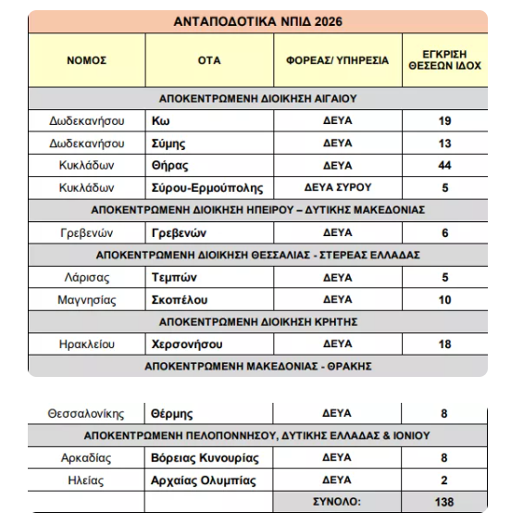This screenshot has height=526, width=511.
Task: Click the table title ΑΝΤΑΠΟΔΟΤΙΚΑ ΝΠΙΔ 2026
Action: tap(257, 21)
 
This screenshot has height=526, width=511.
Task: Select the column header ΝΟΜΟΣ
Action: tap(86, 60)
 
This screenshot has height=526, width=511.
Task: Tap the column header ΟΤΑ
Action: tap(209, 60)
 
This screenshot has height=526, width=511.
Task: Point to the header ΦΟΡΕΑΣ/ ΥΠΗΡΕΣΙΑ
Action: tap(337, 60)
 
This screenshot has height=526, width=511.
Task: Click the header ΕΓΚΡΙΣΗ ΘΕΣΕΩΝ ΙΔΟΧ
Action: tap(444, 60)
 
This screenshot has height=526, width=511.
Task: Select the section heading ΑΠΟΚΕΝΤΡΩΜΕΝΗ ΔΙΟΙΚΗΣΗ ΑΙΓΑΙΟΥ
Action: tap(257, 96)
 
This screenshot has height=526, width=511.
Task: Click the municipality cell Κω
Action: tap(159, 120)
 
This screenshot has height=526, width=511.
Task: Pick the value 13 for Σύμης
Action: tap(444, 143)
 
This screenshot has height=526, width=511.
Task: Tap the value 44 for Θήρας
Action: tap(444, 165)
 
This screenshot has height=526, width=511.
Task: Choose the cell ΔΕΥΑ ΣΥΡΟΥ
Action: tap(337, 187)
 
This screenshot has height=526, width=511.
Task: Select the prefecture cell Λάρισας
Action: tap(86, 277)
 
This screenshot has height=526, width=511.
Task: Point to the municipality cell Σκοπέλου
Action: tap(180, 299)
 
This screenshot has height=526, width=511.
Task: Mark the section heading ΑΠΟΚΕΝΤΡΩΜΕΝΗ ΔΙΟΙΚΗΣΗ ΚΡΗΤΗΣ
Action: tap(257, 321)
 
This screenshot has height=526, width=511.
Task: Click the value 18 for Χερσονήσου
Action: tap(444, 344)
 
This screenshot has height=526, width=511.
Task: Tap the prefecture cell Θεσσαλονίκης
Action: tap(86, 413)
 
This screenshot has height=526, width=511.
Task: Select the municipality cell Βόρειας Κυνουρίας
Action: tap(205, 457)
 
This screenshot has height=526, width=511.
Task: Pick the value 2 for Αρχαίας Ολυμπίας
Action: tap(444, 480)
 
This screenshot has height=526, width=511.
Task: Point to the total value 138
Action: tap(444, 501)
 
